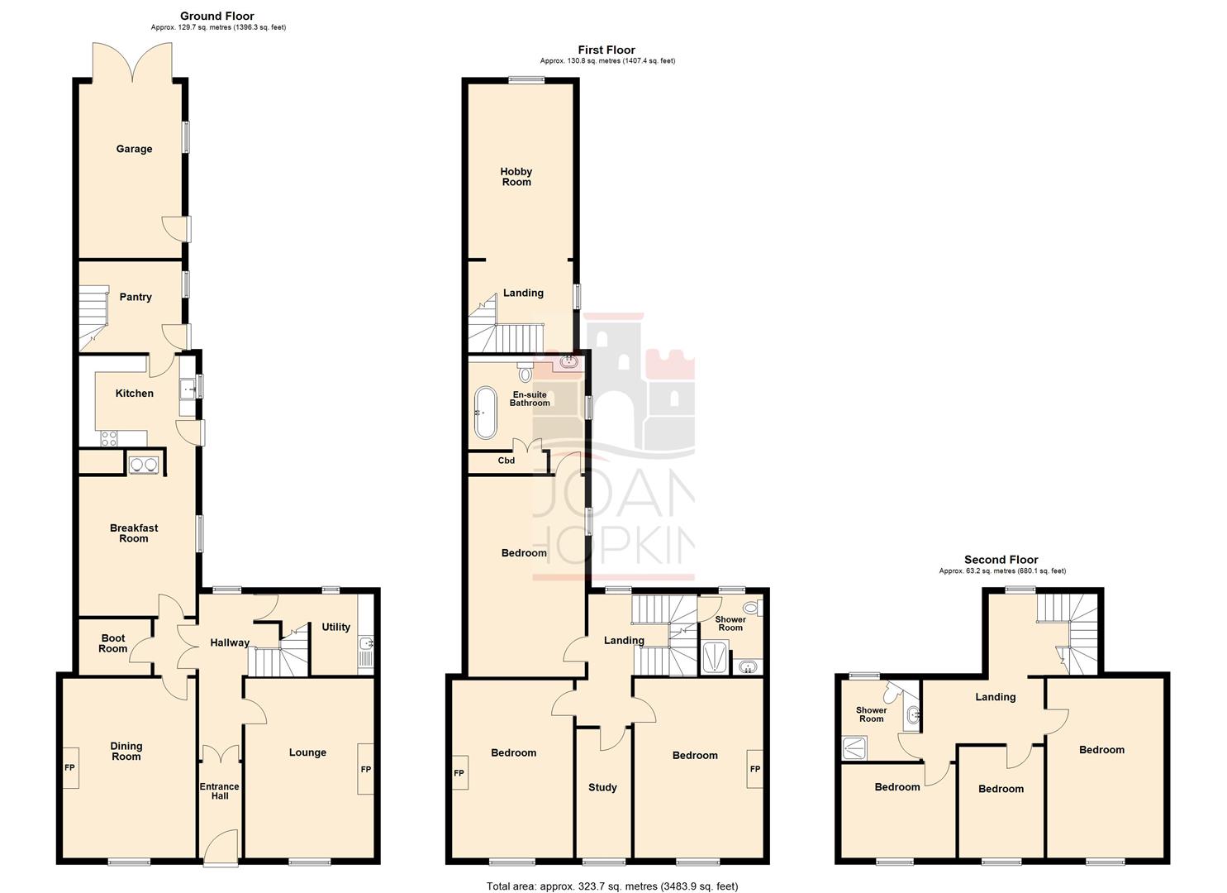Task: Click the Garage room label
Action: pyautogui.click(x=134, y=150)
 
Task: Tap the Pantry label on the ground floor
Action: pyautogui.click(x=136, y=298)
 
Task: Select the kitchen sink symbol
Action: pyautogui.click(x=188, y=388)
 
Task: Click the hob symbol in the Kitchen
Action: pyautogui.click(x=109, y=439)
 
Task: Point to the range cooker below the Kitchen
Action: pyautogui.click(x=144, y=465)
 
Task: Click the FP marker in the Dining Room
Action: pyautogui.click(x=70, y=767)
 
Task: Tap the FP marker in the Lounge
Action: pyautogui.click(x=366, y=770)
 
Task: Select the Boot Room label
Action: pyautogui.click(x=113, y=643)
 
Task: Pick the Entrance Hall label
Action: pyautogui.click(x=219, y=791)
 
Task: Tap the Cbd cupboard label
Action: pyautogui.click(x=506, y=461)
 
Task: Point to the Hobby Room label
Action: pyautogui.click(x=516, y=177)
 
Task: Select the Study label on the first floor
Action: pyautogui.click(x=602, y=788)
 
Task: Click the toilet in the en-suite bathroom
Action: pyautogui.click(x=526, y=372)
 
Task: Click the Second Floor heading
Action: pyautogui.click(x=1001, y=560)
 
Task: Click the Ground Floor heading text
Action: pyautogui.click(x=217, y=16)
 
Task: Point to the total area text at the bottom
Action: pyautogui.click(x=612, y=886)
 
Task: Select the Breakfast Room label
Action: pyautogui.click(x=134, y=533)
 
